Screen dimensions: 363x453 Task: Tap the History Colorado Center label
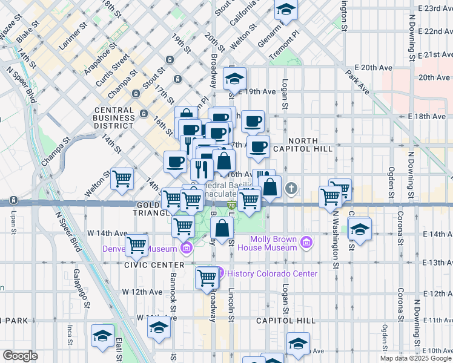point(271,273)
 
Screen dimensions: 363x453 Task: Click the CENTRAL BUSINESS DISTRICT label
point(114,118)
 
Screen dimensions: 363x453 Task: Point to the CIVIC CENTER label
point(153,265)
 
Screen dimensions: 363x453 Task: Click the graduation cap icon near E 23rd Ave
point(286,9)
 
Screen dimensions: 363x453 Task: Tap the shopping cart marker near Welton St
point(122,178)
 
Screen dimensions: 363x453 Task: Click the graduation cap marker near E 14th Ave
point(360,230)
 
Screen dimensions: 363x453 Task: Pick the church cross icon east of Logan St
point(293,188)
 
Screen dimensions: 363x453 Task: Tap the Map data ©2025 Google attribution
point(415,358)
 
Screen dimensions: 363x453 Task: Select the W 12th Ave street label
point(142,292)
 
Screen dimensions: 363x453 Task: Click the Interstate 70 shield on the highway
point(231,206)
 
